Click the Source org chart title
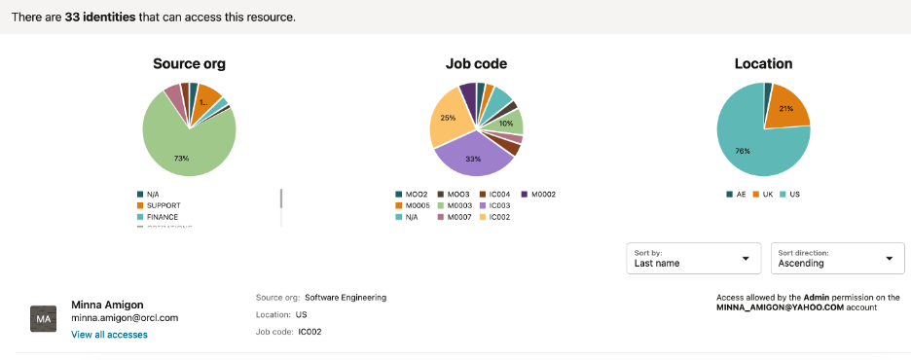coord(189,64)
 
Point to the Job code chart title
coord(476,64)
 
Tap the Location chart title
coord(763,64)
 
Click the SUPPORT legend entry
coord(163,204)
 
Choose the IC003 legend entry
coord(497,205)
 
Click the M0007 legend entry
coord(455,217)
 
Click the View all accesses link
coord(109,335)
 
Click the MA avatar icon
coord(44,319)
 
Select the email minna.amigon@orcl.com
coord(125,318)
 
